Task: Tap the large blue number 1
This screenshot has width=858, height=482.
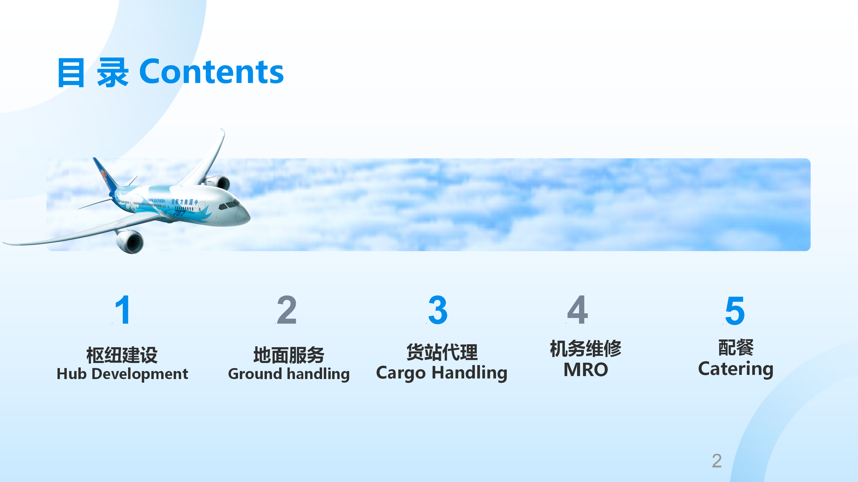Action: click(122, 310)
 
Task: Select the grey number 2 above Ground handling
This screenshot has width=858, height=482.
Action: click(286, 310)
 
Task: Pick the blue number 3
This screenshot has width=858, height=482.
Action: click(438, 310)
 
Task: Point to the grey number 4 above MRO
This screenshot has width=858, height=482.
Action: click(578, 310)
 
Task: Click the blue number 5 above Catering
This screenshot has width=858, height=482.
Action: click(735, 311)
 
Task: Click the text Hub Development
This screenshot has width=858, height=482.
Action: click(122, 374)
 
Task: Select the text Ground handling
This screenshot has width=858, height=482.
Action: click(289, 374)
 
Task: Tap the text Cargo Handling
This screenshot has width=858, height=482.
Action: click(442, 373)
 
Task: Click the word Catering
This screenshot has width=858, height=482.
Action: click(736, 369)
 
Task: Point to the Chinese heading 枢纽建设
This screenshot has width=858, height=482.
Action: click(122, 355)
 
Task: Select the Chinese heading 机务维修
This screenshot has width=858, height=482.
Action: click(585, 349)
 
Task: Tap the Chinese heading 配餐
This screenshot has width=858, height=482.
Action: click(736, 348)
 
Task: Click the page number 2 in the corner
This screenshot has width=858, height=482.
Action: click(717, 461)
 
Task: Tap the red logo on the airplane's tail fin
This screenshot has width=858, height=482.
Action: click(104, 175)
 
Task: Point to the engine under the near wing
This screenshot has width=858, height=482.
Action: click(130, 241)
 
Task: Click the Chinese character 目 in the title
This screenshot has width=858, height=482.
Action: click(71, 73)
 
